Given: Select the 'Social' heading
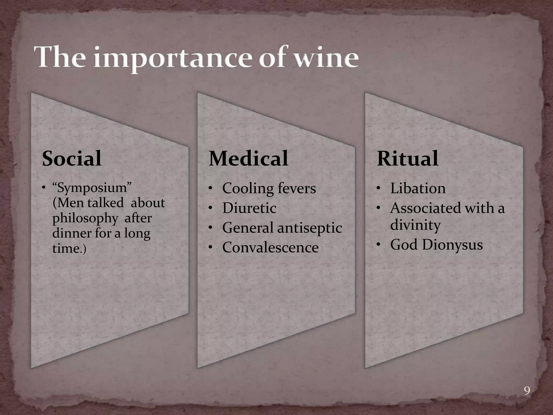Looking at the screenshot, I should coord(72,159).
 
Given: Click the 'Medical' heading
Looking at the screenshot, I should coord(248,159).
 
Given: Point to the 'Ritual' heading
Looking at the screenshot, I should coord(407,159).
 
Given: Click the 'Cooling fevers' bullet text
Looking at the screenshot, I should coord(269,188).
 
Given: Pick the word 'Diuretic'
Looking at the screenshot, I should coord(249,208).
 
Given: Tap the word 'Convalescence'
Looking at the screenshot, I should coord(270,247).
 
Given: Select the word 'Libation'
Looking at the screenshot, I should coord(418,188).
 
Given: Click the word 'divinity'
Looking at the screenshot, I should coord(415,225).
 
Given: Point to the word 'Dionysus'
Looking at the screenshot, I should coord(452,245).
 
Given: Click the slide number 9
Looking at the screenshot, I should coord(527,391).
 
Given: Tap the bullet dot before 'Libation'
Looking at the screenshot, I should coord(379,188).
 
